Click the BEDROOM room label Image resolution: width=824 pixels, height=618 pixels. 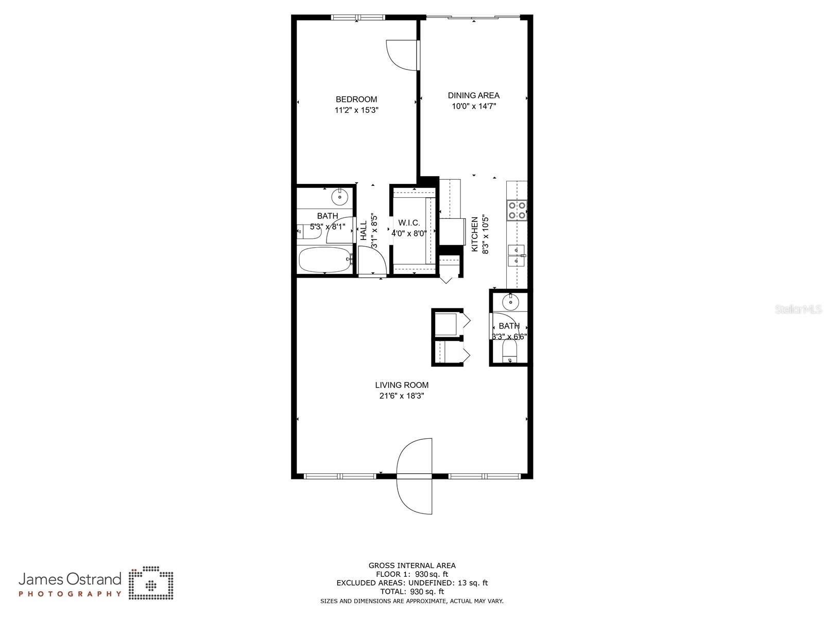point(356,99)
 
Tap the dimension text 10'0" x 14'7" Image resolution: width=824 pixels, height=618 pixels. point(474,107)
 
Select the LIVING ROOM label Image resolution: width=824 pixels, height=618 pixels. point(402,385)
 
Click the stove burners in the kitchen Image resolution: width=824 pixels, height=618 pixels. point(517,210)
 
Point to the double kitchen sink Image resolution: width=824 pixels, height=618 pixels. point(516,256)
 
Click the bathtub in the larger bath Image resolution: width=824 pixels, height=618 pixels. point(325,260)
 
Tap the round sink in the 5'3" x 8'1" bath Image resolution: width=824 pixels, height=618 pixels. point(340,196)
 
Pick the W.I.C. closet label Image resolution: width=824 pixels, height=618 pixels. point(409,223)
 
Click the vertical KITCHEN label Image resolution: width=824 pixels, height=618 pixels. point(475,234)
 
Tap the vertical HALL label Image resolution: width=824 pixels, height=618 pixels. point(364,231)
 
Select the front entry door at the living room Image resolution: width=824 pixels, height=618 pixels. point(414,476)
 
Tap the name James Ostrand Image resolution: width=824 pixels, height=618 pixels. point(70,579)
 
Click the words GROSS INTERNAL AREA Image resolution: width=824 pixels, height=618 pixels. point(412,565)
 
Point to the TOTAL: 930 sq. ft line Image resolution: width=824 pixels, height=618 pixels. point(412,592)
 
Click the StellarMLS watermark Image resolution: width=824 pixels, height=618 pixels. point(799,310)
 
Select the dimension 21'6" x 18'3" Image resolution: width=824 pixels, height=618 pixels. point(402,396)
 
